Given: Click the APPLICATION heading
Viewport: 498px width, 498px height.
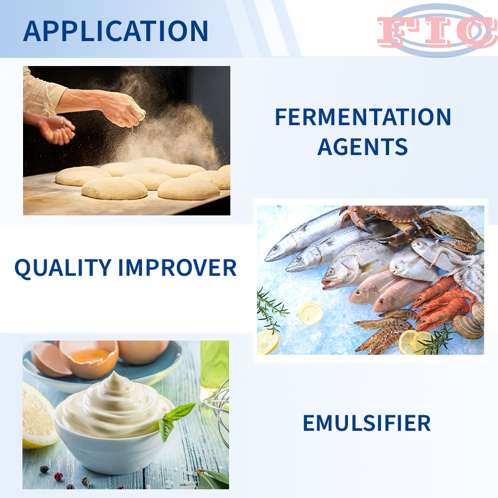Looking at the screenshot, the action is (x=116, y=31).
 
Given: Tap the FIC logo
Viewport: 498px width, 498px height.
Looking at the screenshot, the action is (x=437, y=31).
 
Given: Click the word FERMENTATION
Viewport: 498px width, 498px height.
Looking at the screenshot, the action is (x=363, y=117).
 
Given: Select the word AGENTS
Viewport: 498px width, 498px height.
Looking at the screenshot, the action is (x=362, y=146).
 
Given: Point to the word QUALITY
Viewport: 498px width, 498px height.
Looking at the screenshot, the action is (x=63, y=268).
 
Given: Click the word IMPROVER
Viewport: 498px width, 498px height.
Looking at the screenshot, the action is (x=177, y=268).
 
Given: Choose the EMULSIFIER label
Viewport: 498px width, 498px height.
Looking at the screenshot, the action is (x=367, y=423).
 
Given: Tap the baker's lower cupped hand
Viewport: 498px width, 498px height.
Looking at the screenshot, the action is (x=57, y=129).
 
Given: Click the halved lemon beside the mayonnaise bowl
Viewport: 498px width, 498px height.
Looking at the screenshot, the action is (x=37, y=416).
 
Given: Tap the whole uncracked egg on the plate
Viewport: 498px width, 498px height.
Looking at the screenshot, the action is (x=143, y=351).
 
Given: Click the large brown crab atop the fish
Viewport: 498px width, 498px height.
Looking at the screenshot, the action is (x=394, y=222).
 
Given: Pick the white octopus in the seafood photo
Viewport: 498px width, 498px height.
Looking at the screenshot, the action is (x=454, y=263).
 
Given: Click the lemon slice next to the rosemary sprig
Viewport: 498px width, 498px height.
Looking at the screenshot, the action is (x=310, y=314).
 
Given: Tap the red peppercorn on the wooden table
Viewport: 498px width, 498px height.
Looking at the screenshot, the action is (x=59, y=476).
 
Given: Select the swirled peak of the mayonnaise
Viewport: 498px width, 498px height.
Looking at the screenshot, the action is (x=116, y=381).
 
